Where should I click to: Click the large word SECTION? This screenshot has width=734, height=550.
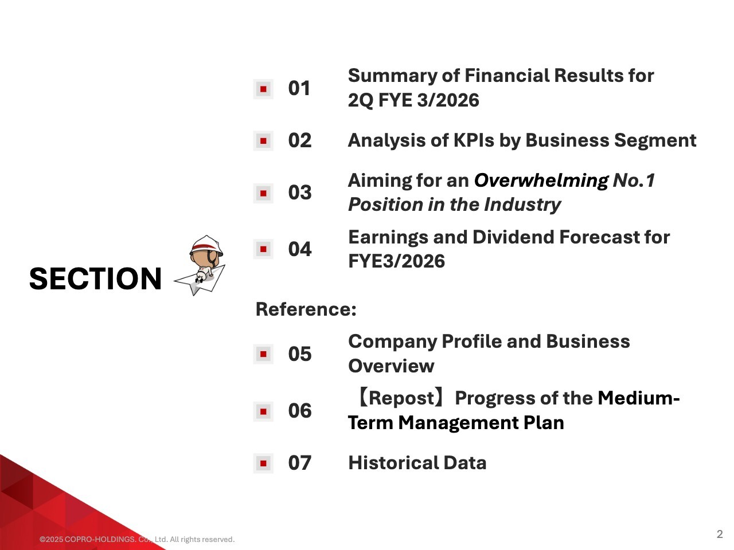coord(95,278)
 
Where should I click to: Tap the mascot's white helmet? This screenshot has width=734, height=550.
coord(206,245)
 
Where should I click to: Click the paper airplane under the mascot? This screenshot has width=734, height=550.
coord(201,280)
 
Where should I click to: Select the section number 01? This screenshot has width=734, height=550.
coord(299,88)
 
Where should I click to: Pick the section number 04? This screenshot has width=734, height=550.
coord(299,249)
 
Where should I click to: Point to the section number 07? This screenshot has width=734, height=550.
coord(299,463)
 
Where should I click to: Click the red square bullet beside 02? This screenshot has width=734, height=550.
coord(263,141)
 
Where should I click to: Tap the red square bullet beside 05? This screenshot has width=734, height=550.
coord(263,354)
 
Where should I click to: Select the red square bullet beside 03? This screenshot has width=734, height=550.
coord(263,193)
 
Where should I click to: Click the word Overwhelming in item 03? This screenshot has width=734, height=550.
coord(541,181)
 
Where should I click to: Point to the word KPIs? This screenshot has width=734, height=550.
coord(473,140)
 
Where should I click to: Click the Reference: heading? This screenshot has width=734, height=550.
coord(306,309)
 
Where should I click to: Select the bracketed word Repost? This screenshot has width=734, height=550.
coord(401,398)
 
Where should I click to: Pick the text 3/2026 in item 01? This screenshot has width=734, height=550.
coord(448,100)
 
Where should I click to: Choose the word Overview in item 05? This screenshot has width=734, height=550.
coord(391,366)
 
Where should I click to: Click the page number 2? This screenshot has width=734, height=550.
coord(720,534)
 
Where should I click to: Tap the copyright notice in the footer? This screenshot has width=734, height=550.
coord(137,539)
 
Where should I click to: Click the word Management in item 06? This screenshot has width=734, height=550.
coord(458,423)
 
